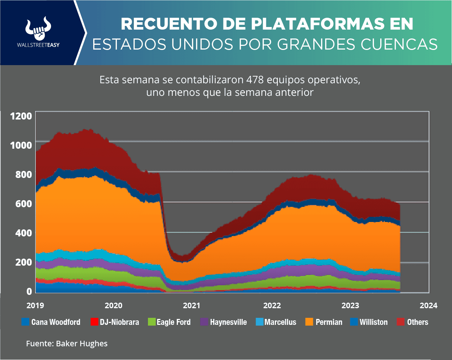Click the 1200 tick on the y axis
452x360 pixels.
[x=21, y=116]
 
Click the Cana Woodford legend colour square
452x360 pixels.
[x=25, y=322]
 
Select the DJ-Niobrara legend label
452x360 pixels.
[x=119, y=322]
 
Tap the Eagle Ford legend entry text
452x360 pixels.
[x=173, y=322]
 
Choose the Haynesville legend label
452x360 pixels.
[x=228, y=322]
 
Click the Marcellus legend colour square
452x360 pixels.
[x=259, y=322]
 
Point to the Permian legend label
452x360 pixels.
[x=329, y=322]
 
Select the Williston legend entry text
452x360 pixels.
[x=374, y=322]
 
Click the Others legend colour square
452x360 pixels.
[x=401, y=322]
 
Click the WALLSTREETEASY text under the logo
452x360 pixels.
[x=38, y=45]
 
